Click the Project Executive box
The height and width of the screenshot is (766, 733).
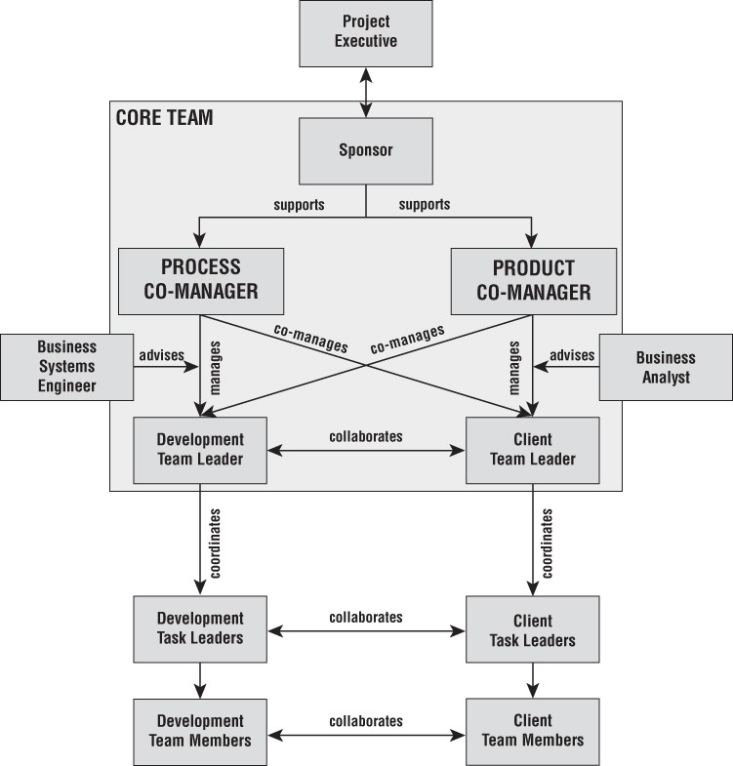click(366, 32)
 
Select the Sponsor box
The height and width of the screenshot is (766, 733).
click(365, 151)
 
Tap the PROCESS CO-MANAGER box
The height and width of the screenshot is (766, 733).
click(200, 280)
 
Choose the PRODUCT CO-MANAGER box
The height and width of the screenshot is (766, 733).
click(533, 280)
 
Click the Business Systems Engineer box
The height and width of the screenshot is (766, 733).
click(67, 367)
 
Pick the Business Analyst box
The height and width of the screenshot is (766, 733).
click(666, 367)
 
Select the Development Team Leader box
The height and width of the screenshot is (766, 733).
click(200, 450)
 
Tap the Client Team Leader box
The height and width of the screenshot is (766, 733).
click(532, 450)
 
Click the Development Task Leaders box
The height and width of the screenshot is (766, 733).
click(200, 628)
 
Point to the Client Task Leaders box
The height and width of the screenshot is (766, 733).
click(532, 630)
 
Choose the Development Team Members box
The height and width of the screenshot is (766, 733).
click(200, 731)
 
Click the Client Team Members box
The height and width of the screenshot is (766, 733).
click(532, 731)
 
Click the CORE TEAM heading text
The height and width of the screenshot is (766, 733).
click(164, 118)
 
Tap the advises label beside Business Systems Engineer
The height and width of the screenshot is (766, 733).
click(161, 354)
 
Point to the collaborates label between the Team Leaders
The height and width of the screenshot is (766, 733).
click(366, 436)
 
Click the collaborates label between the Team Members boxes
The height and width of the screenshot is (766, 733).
click(366, 721)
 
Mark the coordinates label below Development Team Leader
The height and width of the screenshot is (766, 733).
click(215, 544)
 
